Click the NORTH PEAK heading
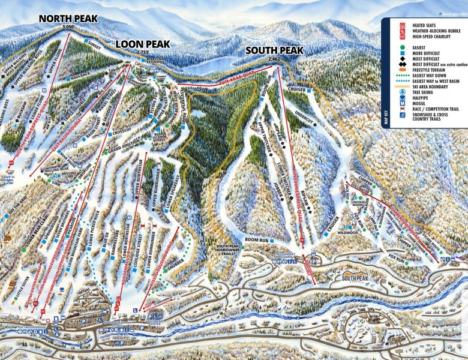pyautogui.click(x=68, y=19)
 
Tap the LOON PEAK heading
pyautogui.click(x=143, y=44)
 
